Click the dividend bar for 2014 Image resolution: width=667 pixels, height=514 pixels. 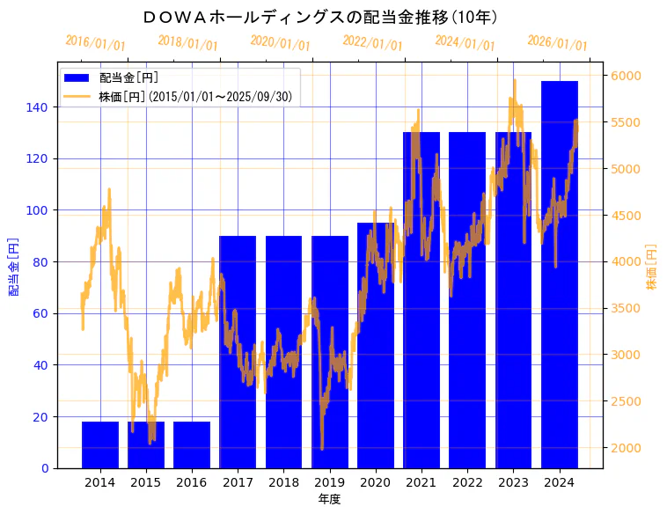pyautogui.click(x=100, y=444)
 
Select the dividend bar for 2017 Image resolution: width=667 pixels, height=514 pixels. pyautogui.click(x=238, y=352)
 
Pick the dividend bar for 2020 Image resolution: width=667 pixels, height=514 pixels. pyautogui.click(x=376, y=345)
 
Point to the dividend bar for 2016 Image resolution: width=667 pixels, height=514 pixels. pyautogui.click(x=192, y=444)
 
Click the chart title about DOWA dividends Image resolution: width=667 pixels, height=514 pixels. pyautogui.click(x=321, y=17)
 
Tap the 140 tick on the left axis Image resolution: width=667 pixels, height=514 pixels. pyautogui.click(x=43, y=107)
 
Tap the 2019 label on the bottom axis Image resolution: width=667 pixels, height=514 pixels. pyautogui.click(x=330, y=482)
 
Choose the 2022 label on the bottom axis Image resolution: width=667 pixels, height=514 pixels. pyautogui.click(x=467, y=482)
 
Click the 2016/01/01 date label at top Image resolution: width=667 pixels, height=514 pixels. pyautogui.click(x=96, y=43)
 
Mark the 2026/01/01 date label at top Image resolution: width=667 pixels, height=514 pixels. pyautogui.click(x=557, y=43)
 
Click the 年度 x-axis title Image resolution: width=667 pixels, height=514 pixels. pyautogui.click(x=329, y=499)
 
